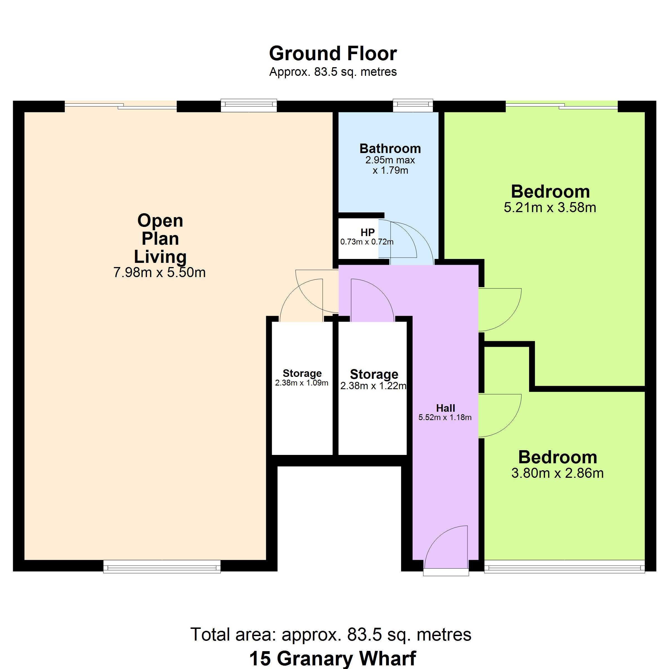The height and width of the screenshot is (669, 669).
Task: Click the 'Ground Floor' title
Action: click(x=333, y=54)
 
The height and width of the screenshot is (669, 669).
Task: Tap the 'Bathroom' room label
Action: click(x=390, y=149)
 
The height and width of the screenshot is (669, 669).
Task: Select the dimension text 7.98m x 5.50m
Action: click(x=160, y=273)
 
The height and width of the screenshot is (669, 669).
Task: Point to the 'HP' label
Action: click(x=367, y=232)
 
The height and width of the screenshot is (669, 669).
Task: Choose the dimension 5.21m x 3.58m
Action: click(x=550, y=207)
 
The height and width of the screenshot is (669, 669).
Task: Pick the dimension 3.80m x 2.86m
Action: click(x=557, y=473)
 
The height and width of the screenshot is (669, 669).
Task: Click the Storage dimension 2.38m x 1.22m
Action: click(x=373, y=386)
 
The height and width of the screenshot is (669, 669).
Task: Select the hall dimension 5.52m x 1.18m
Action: click(x=445, y=418)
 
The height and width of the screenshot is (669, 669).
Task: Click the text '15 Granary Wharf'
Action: click(x=333, y=658)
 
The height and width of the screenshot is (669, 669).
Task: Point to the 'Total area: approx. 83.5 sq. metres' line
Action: click(x=331, y=635)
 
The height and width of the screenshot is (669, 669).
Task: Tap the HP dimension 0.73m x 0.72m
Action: click(x=367, y=242)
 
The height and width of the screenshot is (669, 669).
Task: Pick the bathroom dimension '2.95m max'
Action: click(x=390, y=160)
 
